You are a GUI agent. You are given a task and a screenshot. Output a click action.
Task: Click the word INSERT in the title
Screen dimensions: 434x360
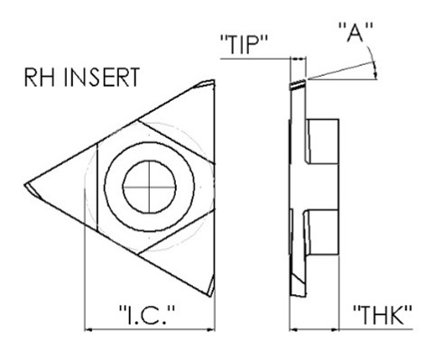102,78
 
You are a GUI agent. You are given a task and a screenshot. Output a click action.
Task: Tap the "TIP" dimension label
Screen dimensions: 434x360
245,44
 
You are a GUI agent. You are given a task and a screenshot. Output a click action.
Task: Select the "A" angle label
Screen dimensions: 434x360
356,32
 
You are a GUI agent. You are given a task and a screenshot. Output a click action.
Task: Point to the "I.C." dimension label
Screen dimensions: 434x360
147,315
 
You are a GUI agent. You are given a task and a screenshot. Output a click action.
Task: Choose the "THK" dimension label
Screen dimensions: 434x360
383,315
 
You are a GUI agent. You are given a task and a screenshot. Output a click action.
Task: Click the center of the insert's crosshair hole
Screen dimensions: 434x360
149,187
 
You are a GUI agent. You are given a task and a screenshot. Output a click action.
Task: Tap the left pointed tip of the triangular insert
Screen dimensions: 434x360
25,185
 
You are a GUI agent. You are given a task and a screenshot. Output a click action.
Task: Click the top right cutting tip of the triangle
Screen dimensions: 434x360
213,81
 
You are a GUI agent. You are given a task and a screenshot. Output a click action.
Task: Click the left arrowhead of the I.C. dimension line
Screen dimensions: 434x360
88,330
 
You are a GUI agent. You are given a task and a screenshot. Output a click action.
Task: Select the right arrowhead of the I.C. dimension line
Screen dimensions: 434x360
211,330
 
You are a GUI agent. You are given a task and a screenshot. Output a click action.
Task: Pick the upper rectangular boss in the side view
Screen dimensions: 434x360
322,142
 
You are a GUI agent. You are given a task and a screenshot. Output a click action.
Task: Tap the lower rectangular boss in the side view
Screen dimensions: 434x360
322,232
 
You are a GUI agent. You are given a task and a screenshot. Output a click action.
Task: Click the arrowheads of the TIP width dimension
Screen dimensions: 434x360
298,59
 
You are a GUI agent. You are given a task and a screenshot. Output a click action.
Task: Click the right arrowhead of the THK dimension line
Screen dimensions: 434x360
335,330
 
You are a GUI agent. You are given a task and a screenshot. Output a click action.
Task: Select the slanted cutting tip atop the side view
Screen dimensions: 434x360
298,85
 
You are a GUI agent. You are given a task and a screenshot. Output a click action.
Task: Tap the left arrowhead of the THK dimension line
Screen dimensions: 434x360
293,330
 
